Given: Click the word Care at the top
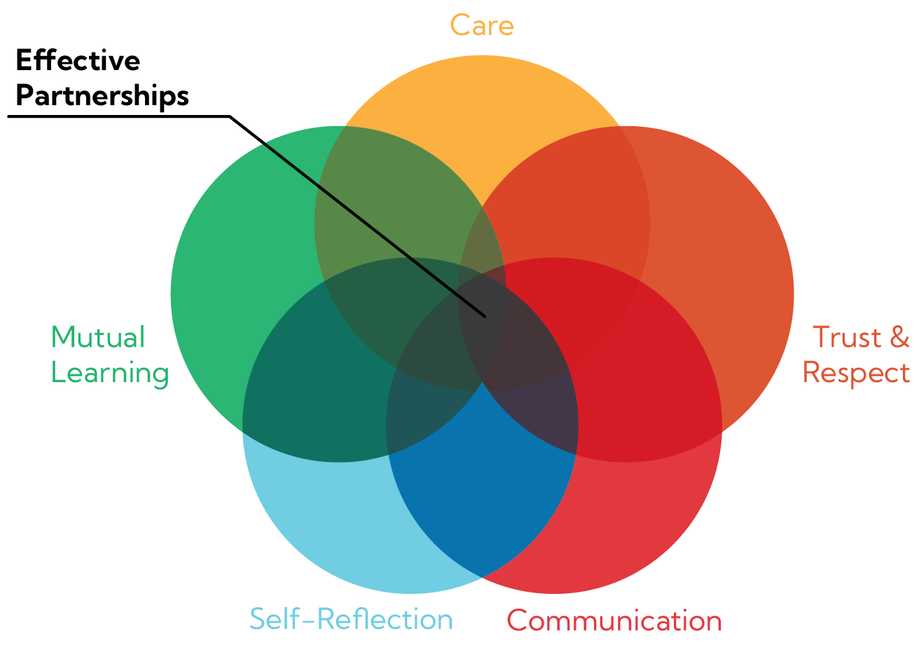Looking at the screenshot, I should tap(482, 25).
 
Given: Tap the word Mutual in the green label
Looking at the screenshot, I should tap(98, 337).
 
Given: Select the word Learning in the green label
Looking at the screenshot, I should tap(110, 372).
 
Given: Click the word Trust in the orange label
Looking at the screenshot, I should tap(846, 337).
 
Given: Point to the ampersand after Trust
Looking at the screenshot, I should tap(899, 337).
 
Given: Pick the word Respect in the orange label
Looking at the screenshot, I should tap(856, 372).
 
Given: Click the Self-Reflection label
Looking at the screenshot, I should tap(351, 620).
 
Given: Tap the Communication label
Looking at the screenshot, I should tap(614, 621).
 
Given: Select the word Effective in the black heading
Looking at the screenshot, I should tap(77, 62).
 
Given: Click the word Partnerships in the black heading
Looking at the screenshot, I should tap(102, 95).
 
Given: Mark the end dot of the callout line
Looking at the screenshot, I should tap(484, 316).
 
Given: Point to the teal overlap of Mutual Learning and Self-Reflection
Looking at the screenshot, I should tap(308, 393).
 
